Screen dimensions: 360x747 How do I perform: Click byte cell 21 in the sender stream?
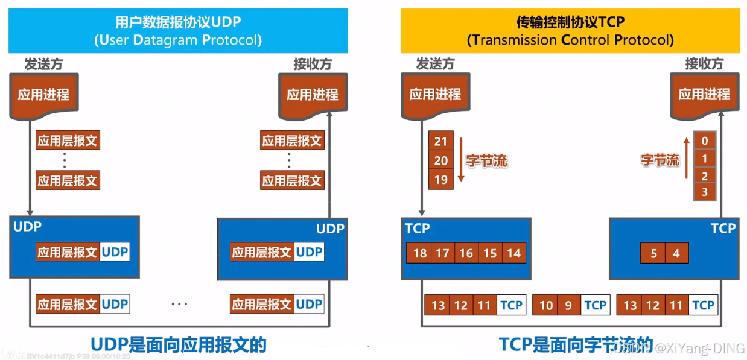[x=440, y=142]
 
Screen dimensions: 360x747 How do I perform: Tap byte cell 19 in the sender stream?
[x=440, y=179]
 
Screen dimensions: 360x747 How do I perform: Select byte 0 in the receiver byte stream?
[x=705, y=141]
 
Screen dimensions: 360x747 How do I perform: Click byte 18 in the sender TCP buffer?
[x=419, y=253]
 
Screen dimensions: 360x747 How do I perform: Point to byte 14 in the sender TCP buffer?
[x=513, y=253]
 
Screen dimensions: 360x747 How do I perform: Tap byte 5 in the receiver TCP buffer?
[x=653, y=253]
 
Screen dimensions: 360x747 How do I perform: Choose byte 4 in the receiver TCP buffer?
[x=676, y=253]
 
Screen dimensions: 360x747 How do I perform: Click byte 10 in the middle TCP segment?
[x=545, y=305]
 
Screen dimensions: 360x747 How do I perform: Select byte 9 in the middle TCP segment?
[x=568, y=305]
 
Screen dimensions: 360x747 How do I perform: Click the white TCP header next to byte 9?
[x=595, y=305]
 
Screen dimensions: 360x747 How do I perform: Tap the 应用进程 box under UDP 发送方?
[x=43, y=95]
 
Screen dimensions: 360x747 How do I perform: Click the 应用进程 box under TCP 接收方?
[x=704, y=95]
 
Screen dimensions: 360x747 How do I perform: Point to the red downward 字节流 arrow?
[x=460, y=160]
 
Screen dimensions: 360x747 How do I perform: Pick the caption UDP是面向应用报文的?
[x=178, y=344]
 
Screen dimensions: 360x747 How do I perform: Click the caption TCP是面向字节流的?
[x=567, y=344]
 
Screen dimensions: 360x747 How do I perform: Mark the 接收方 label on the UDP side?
[x=312, y=64]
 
